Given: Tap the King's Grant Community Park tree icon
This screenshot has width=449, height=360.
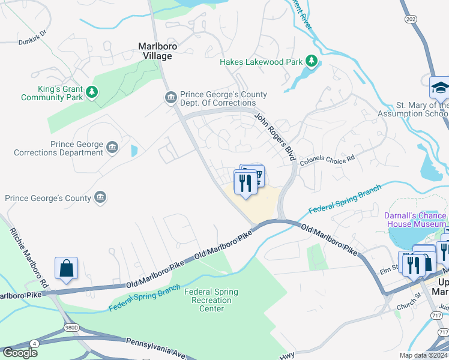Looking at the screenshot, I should coord(91,92).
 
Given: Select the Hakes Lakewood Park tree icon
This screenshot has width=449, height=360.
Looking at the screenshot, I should coord(311,61).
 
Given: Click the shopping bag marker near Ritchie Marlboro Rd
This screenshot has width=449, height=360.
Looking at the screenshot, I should coord(66,268).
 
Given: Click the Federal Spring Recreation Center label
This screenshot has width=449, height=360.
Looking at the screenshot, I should coord(211,300).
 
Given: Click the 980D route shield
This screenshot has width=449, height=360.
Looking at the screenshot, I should coord(71,328).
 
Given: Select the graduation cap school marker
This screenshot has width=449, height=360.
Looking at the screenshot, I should coord(439,87).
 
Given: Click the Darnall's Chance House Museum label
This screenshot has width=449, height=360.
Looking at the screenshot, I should coord(415,220).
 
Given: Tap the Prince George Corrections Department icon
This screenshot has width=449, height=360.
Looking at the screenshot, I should coord(112,148).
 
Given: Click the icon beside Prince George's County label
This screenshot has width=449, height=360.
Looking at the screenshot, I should coord(100,197).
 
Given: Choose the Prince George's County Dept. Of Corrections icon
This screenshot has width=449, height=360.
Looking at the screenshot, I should coord(170,97).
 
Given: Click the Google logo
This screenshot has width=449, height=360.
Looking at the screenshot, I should coord(20,353).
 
